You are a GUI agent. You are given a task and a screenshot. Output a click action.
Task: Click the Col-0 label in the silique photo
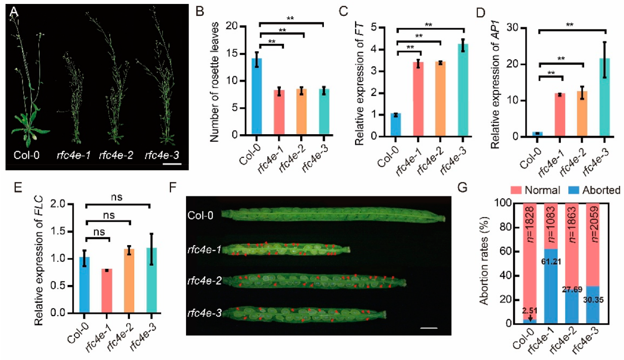coord(200,215)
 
